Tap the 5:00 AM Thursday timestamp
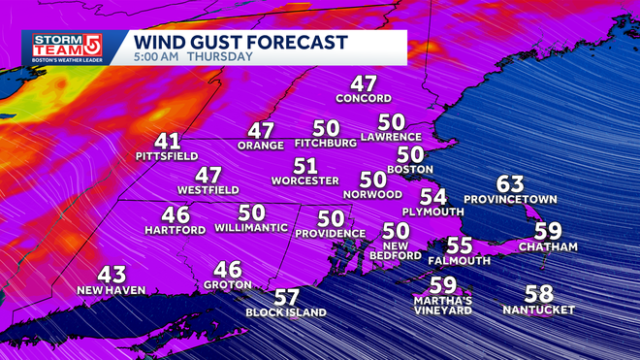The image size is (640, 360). (x=194, y=57)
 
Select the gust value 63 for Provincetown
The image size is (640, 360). (x=510, y=183)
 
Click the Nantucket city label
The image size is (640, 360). (x=539, y=311)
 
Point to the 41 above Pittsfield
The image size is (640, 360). (x=167, y=140)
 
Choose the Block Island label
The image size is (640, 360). (x=286, y=312)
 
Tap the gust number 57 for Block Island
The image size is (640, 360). (x=286, y=297)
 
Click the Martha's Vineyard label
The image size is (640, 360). (x=442, y=305)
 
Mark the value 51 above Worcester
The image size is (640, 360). (x=305, y=165)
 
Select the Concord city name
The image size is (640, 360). (x=364, y=99)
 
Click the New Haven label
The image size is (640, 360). (x=111, y=290)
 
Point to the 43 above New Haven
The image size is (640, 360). (x=112, y=275)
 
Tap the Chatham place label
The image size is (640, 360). (x=548, y=247)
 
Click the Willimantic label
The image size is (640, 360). (x=252, y=228)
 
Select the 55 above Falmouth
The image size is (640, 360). (x=460, y=245)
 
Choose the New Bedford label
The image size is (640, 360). (x=396, y=252)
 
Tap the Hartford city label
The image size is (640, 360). (x=176, y=230)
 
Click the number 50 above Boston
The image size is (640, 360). (x=409, y=153)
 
